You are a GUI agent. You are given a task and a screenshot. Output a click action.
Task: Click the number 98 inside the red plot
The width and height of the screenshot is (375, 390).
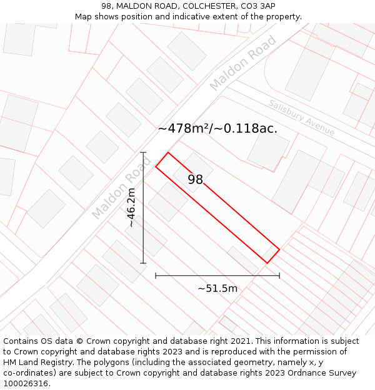196,180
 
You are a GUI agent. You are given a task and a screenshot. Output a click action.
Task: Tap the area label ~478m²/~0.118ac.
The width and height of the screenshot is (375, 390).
217,129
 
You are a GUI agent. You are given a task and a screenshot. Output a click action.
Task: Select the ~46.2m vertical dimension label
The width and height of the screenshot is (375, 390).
131,207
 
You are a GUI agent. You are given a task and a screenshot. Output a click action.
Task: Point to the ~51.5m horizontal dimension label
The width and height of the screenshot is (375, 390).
217,288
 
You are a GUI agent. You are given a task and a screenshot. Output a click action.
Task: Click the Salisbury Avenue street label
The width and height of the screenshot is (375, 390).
302,117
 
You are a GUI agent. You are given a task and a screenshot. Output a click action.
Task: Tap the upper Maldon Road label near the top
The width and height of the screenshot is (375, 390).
243,62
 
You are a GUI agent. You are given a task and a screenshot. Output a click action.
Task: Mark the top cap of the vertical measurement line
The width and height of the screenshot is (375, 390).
143,152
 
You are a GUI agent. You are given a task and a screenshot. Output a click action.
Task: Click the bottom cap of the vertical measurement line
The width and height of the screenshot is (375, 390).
143,263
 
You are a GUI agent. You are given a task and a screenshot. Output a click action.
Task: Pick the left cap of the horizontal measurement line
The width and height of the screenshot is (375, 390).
156,275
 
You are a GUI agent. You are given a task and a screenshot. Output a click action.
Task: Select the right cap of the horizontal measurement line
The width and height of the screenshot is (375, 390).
279,275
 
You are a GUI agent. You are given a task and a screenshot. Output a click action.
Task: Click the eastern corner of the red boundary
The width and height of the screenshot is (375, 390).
279,250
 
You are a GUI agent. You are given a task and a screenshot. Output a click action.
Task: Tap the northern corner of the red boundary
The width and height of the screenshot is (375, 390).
168,152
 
